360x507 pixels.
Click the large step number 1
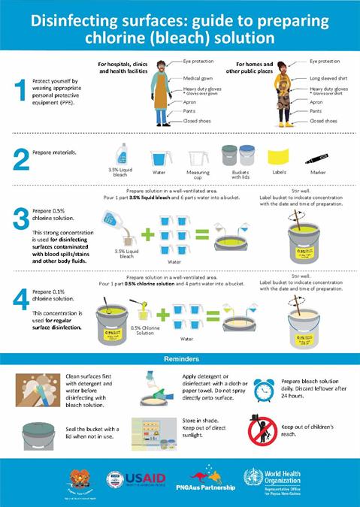coord(20,90)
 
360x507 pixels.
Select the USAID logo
coord(135,478)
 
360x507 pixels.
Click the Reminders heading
coord(180,359)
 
